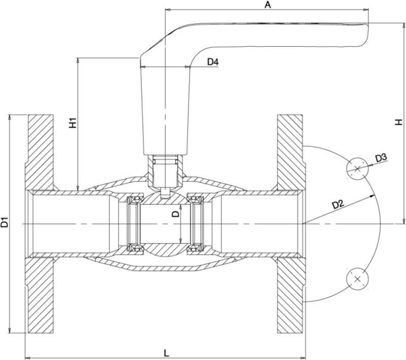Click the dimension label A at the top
tap(267, 5)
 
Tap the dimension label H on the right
tap(398, 122)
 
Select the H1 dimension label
tap(73, 122)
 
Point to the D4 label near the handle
tap(213, 62)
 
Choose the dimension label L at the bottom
tap(167, 353)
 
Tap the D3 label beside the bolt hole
tap(381, 158)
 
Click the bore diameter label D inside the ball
tap(176, 214)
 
